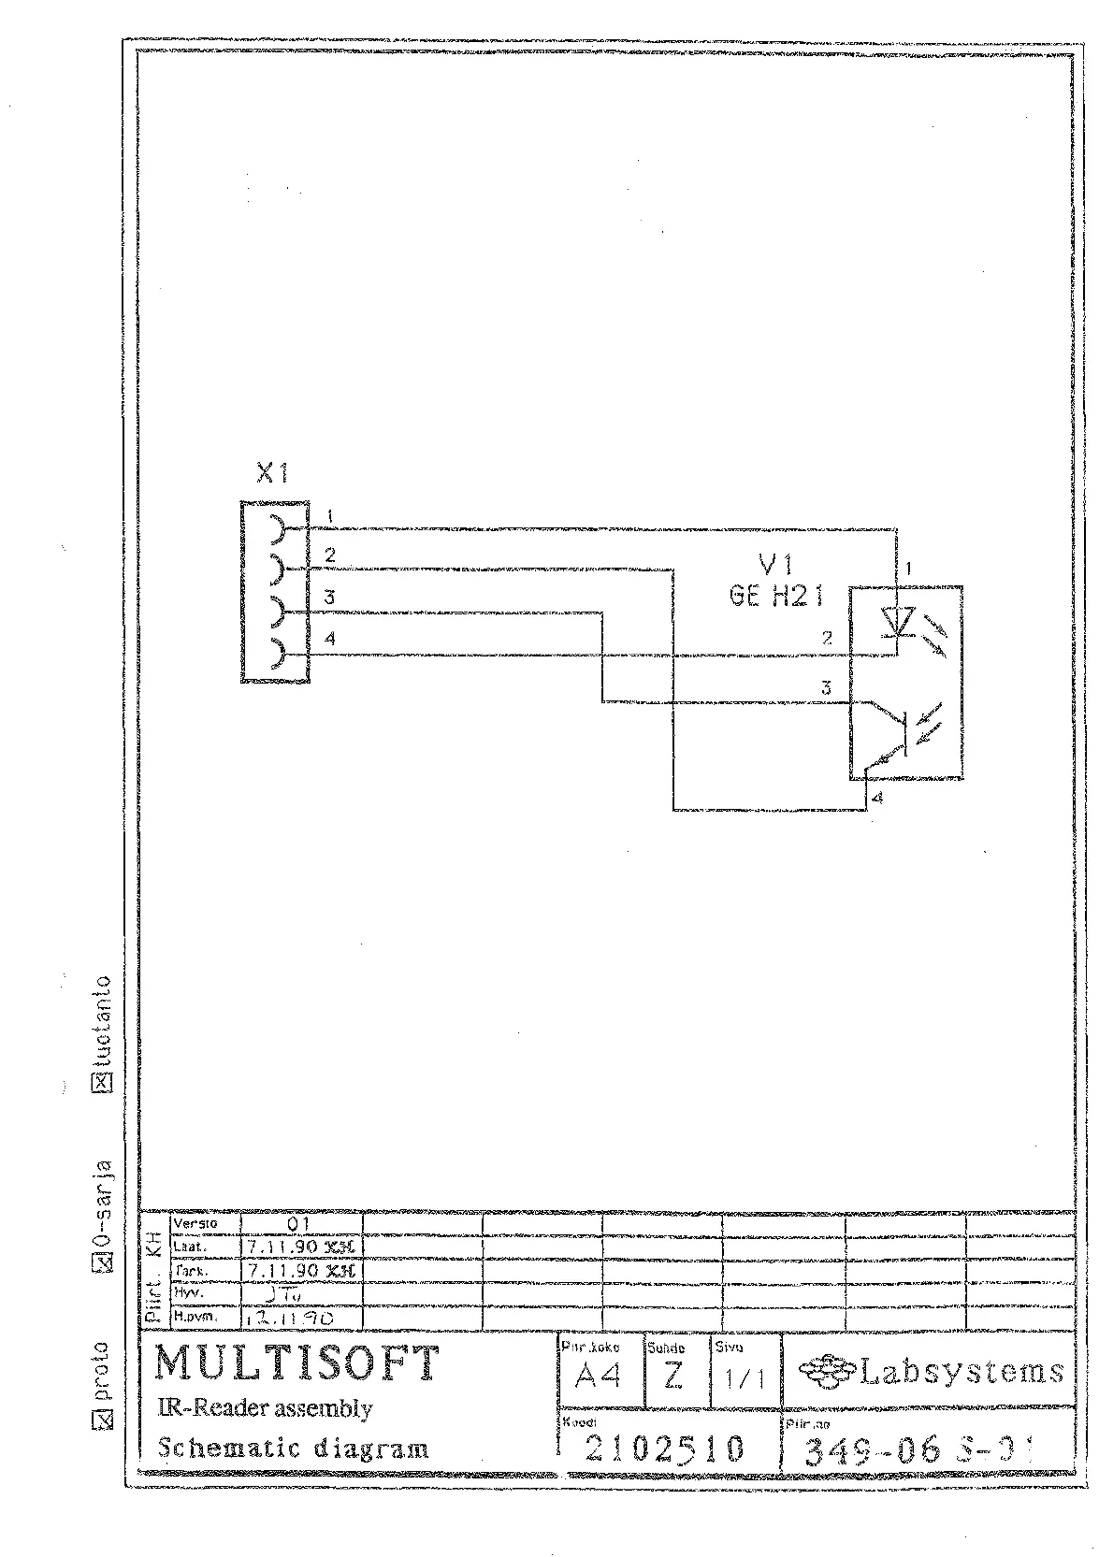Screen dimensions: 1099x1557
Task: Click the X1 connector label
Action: tap(272, 474)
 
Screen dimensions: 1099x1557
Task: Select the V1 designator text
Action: tap(776, 564)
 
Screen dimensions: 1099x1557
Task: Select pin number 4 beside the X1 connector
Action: tap(330, 639)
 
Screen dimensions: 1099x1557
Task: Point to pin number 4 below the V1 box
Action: tap(876, 798)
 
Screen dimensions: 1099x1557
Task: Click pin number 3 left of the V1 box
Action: tap(826, 688)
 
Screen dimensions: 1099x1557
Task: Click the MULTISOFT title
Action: tap(296, 1363)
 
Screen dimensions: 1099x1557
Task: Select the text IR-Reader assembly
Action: tap(265, 1408)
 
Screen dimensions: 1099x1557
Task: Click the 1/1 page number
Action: tap(745, 1379)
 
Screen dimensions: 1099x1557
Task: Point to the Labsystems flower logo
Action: tap(825, 1372)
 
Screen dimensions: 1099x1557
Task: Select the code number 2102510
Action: tap(665, 1449)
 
